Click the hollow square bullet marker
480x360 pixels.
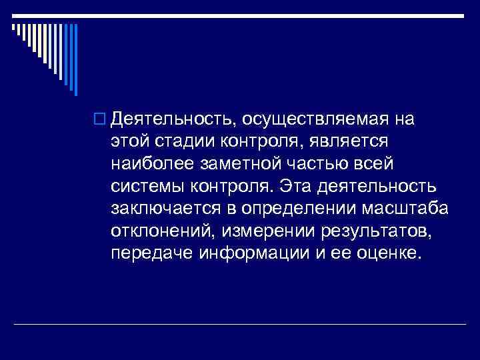click(x=102, y=120)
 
